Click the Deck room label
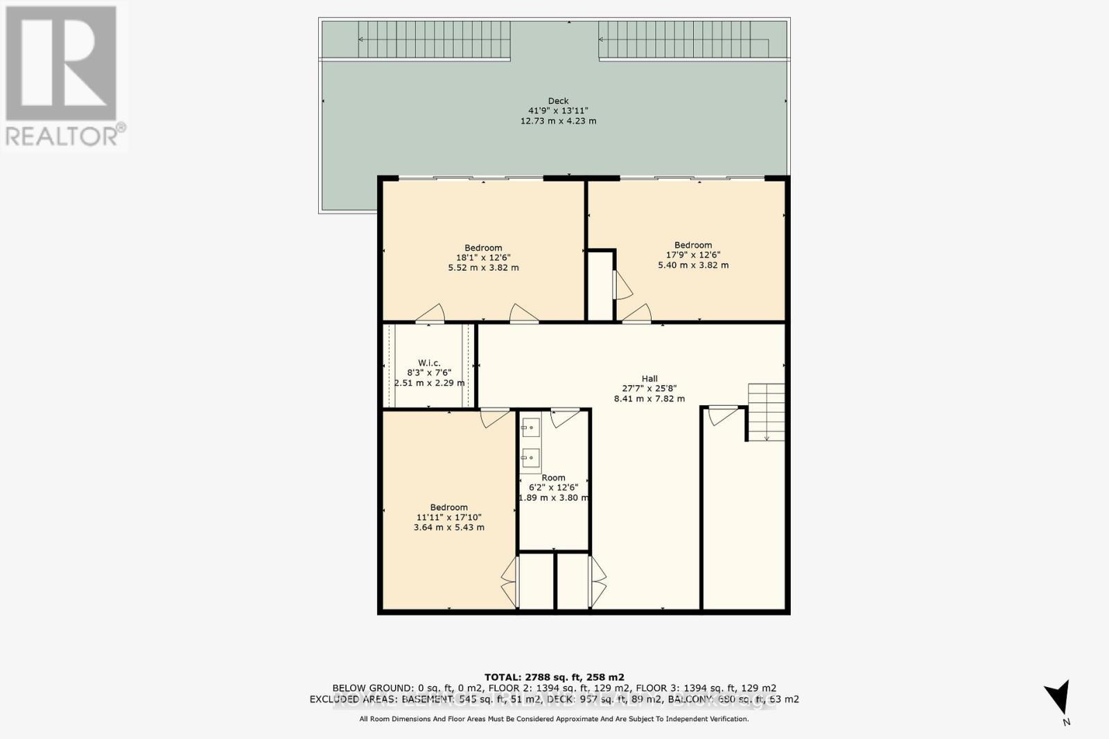(558, 101)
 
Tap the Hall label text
(649, 378)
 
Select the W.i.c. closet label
(429, 363)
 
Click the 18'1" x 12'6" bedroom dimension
(483, 258)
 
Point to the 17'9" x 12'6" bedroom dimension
(693, 255)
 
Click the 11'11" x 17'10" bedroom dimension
(448, 517)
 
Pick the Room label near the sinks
(553, 478)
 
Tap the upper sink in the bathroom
(531, 428)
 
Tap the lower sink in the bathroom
(531, 457)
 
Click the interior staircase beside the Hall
(767, 412)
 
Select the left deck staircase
(435, 39)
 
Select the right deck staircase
(683, 39)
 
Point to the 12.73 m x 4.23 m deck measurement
(558, 121)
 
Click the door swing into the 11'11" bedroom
(494, 416)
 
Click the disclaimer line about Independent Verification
(554, 719)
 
